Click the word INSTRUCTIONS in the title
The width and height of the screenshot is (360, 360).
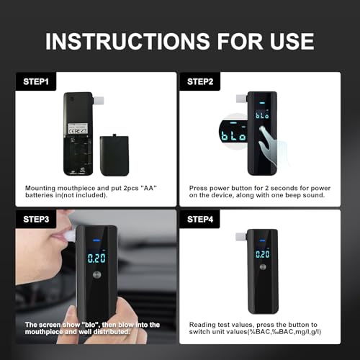coord(127,41)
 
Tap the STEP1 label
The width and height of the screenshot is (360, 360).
coord(36,81)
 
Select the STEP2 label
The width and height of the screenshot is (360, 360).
coord(200,81)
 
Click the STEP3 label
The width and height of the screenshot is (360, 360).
coord(36,219)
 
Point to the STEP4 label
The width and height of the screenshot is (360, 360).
coord(200,219)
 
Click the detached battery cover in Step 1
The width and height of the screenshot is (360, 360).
coord(114,156)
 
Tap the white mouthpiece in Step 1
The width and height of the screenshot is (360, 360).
coord(98,101)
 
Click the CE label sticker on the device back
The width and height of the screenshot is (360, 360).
coord(78,129)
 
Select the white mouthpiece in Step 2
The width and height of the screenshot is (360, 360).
coord(241,99)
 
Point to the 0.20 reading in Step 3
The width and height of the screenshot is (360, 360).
coord(96,258)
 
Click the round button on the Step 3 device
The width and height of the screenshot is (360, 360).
coord(96,275)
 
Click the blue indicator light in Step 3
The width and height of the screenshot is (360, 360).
coord(96,240)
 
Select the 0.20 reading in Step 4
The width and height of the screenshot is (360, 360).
coord(263,254)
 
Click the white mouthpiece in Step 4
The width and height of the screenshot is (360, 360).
coord(241,237)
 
